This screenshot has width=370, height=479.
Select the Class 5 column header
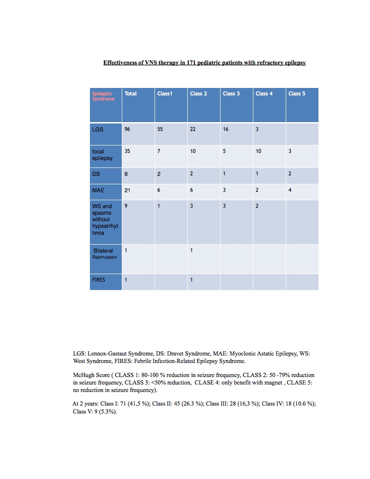point(296,94)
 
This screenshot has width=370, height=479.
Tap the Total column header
point(131,94)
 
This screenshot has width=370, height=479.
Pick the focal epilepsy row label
point(99,154)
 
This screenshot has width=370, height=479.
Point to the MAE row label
point(98,190)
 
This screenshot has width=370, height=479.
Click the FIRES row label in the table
point(99,280)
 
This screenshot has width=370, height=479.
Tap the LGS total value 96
point(127,129)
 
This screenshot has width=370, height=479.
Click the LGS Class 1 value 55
point(160,129)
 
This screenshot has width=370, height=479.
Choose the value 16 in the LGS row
point(226,129)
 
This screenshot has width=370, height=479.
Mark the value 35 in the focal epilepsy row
point(127,152)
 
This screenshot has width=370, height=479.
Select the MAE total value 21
point(127,190)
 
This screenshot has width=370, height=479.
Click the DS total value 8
point(126,174)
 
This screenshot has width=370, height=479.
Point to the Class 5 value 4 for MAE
point(290,190)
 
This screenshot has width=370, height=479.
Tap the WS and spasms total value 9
point(126,206)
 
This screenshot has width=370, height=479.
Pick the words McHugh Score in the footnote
point(91,375)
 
